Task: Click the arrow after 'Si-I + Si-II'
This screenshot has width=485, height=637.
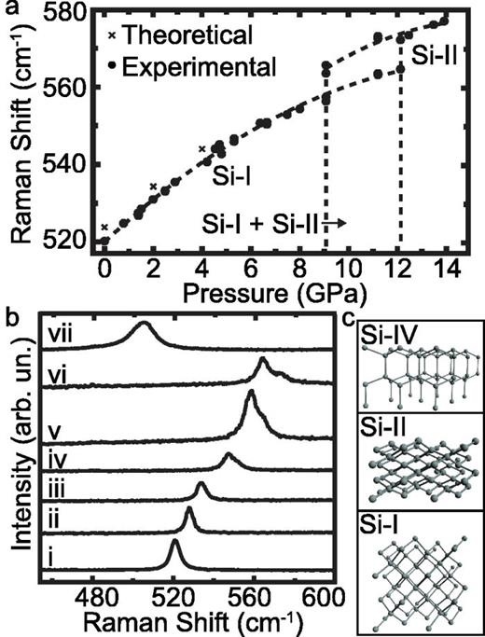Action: (338, 224)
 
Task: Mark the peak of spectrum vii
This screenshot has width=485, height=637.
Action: (143, 325)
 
